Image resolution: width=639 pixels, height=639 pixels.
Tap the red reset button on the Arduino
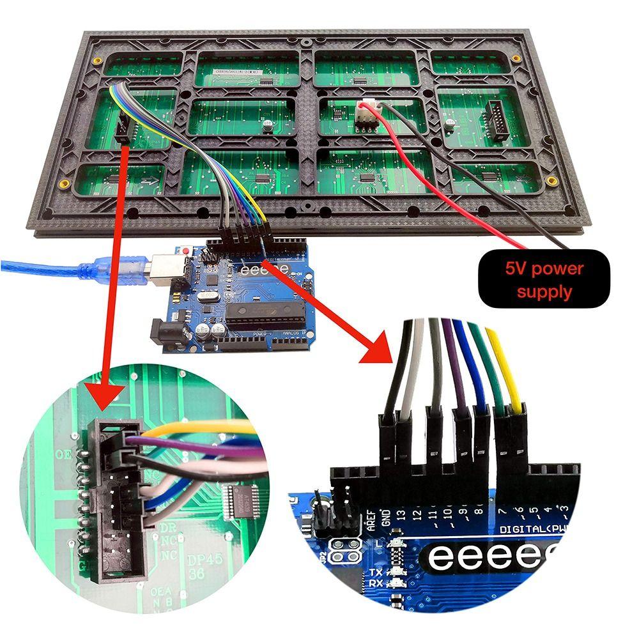click(x=187, y=252)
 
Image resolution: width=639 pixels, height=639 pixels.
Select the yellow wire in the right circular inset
click(x=502, y=371)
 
